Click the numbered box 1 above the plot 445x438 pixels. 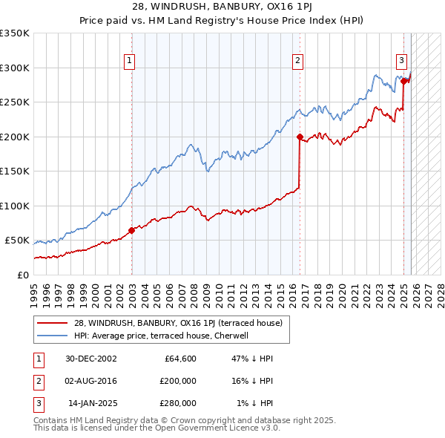[130, 61]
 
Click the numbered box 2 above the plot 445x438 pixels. [297, 61]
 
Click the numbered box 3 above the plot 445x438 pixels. [401, 61]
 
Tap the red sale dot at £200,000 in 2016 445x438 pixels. [300, 137]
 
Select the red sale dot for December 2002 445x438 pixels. [132, 230]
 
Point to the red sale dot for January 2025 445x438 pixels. [404, 82]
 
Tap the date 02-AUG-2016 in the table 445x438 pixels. [90, 381]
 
